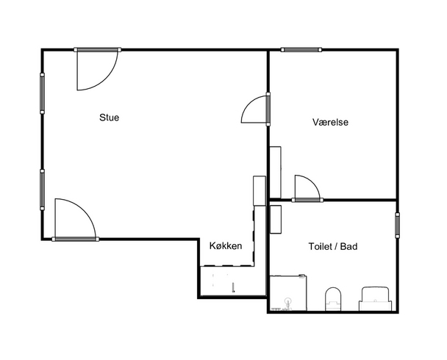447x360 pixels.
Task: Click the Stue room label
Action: (110, 118)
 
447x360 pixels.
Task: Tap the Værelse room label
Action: (330, 122)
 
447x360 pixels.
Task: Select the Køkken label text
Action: (226, 246)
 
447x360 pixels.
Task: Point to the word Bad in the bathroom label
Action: (349, 246)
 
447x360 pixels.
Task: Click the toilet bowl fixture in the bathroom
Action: (333, 299)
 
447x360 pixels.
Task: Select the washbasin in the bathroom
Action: (375, 299)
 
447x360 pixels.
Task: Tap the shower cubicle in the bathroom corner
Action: (288, 293)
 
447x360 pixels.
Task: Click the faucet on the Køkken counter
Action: (233, 288)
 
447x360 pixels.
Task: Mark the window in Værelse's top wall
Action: (301, 50)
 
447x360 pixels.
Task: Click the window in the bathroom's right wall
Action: (397, 226)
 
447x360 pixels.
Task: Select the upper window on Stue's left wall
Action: (42, 93)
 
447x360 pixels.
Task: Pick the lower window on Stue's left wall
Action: (42, 190)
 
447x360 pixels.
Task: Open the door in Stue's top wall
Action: (98, 69)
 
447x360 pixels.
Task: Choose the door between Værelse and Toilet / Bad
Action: (307, 189)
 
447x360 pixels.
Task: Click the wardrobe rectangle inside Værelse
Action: (276, 172)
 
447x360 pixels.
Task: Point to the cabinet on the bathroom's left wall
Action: (276, 219)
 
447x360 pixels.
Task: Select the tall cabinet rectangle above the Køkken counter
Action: (260, 190)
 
